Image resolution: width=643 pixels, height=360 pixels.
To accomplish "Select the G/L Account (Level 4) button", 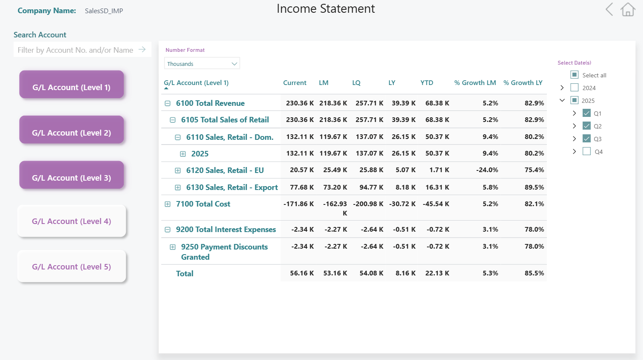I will [71, 221].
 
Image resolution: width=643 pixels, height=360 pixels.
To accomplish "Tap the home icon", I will [628, 9].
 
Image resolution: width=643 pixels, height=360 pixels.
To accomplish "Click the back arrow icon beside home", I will [609, 9].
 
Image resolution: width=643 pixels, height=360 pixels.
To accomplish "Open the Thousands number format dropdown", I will [202, 64].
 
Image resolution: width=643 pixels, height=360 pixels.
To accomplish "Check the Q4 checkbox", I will [586, 151].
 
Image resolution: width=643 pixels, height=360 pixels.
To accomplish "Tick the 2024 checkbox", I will [575, 88].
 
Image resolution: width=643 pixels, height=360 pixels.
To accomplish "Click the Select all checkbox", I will [575, 75].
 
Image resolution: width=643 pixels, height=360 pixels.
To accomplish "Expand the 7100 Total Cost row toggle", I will [168, 204].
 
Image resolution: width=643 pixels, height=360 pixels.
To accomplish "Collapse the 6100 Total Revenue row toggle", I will [168, 103].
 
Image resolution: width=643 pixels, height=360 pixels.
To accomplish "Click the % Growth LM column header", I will [475, 83].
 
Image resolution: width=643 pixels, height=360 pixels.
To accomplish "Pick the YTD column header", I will [427, 83].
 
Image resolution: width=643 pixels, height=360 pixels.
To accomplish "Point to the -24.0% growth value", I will [487, 170].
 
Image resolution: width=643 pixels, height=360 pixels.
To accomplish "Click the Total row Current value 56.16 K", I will [302, 273].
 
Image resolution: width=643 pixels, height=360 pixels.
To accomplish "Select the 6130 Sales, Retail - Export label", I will [232, 187].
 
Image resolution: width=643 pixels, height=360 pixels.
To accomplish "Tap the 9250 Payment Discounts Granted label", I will [224, 252].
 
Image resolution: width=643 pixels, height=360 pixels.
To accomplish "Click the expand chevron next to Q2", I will [575, 126].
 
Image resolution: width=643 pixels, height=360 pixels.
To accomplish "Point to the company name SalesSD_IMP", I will [104, 11].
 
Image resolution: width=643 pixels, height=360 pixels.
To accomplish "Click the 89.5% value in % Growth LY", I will [534, 187].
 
